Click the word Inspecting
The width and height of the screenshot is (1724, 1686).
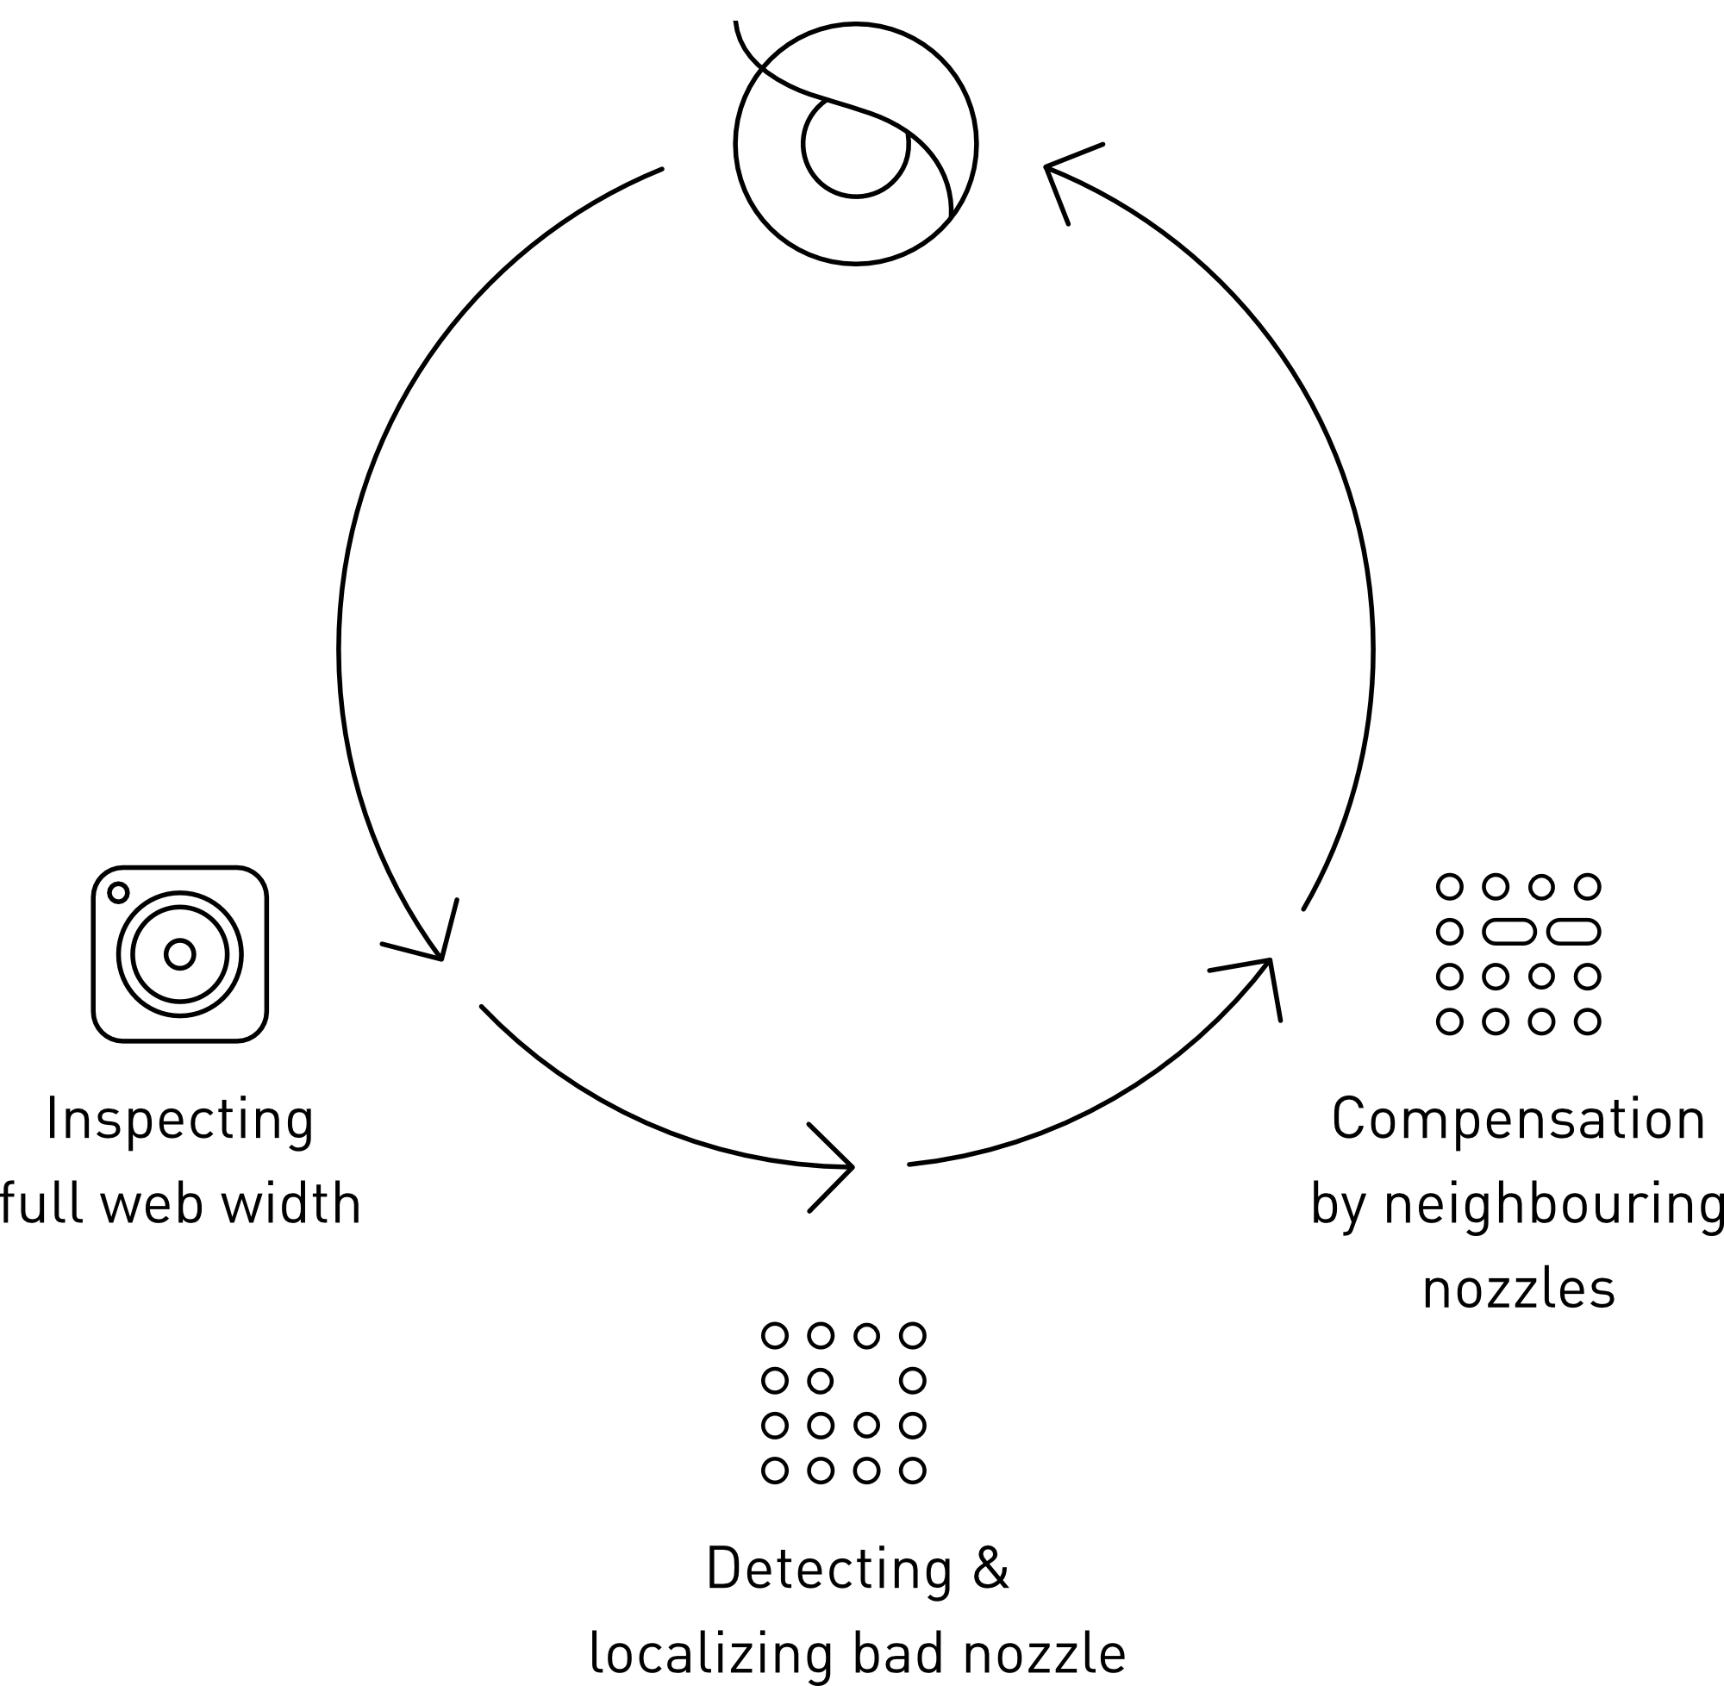click(x=180, y=1121)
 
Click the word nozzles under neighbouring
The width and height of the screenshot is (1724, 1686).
click(x=1519, y=1289)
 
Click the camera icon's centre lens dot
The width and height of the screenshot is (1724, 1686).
click(x=180, y=953)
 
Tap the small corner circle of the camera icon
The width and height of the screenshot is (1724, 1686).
click(x=119, y=893)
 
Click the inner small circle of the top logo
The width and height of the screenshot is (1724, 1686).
click(x=855, y=145)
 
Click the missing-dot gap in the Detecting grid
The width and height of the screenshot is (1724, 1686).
click(x=866, y=1380)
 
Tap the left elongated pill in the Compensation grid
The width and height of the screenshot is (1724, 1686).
click(x=1508, y=931)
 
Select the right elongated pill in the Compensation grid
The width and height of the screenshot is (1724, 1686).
click(x=1573, y=931)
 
